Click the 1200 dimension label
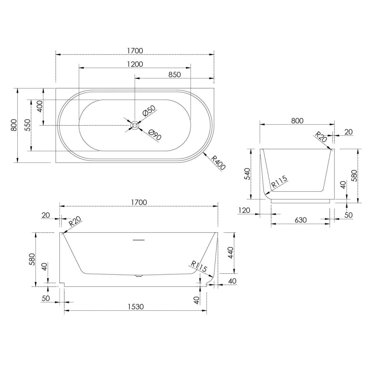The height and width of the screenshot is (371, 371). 135,64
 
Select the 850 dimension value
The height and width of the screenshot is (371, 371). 175,75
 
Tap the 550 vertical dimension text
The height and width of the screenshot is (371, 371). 28,125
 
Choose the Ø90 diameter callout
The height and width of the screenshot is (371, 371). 155,134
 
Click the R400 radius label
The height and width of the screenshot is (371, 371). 218,163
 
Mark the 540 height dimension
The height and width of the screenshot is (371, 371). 247,174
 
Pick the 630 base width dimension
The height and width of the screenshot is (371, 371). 301,220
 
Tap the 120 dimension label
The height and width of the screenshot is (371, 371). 244,211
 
